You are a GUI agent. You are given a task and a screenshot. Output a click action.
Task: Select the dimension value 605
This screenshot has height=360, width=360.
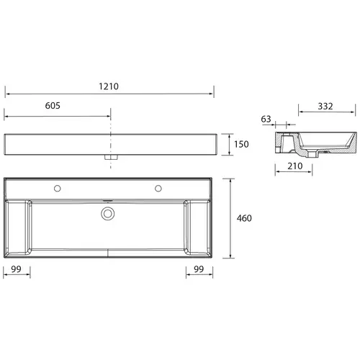click(52, 105)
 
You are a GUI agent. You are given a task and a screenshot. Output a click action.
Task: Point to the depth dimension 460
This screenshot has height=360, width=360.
click(246, 218)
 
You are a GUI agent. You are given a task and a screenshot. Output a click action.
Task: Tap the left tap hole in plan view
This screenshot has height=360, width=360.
click(58, 189)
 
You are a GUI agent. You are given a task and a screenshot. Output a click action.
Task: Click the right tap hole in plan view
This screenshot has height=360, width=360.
click(157, 189)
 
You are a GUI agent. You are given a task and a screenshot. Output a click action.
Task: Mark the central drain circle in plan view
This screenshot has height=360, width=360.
click(108, 213)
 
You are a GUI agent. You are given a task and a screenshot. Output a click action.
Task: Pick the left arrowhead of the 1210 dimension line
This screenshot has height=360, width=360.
click(7, 93)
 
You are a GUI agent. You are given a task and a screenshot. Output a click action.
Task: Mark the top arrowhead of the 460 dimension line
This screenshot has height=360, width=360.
click(231, 181)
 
